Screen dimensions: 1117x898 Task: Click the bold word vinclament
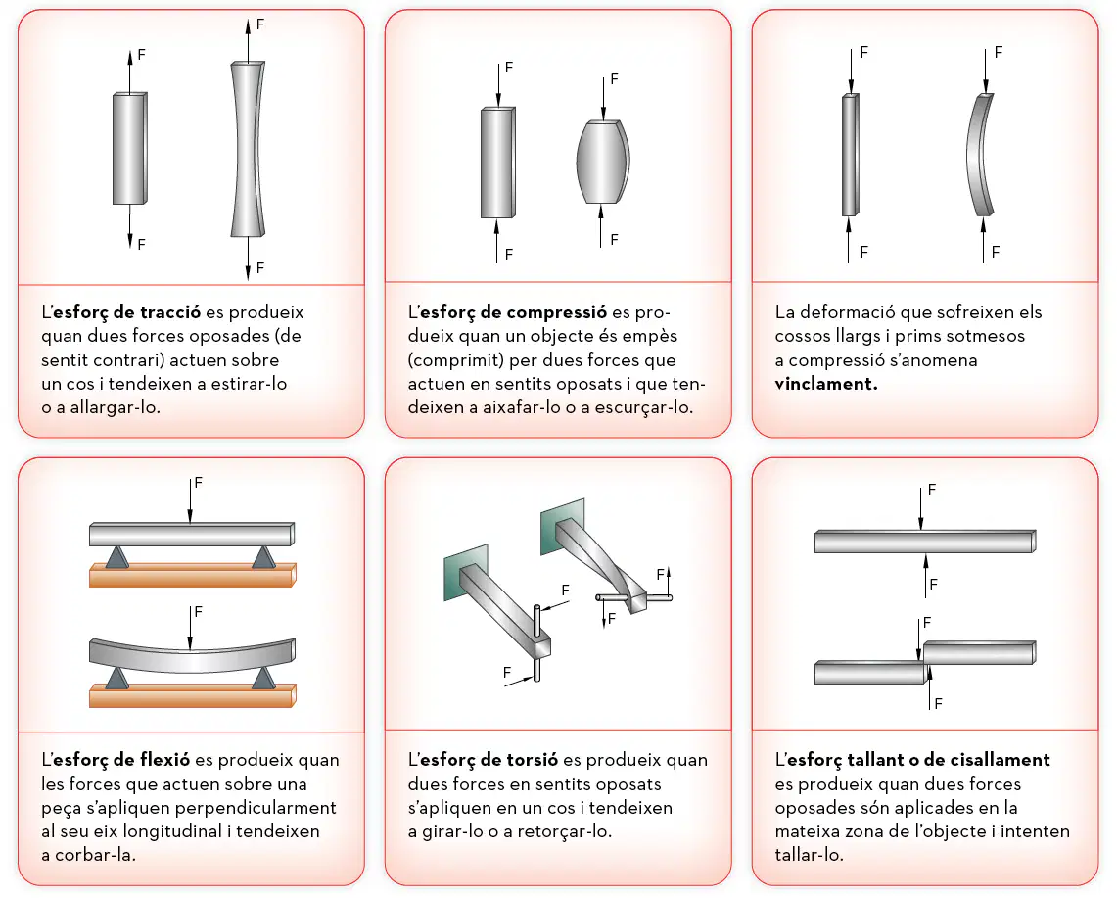pos(825,384)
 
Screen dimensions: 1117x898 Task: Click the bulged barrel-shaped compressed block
pos(603,162)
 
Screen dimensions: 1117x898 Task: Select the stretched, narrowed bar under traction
pos(248,149)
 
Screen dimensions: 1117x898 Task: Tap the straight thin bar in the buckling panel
pos(850,155)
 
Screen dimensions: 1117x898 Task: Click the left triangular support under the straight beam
pos(116,556)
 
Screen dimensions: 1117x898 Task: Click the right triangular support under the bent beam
pos(263,678)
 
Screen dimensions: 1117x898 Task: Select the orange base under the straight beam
pos(192,575)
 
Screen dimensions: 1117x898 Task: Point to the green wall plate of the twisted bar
pos(562,525)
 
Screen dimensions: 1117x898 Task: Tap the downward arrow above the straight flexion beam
pos(190,500)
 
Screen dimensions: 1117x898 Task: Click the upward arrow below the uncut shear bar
pos(926,576)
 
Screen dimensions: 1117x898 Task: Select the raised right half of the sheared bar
pos(980,652)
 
